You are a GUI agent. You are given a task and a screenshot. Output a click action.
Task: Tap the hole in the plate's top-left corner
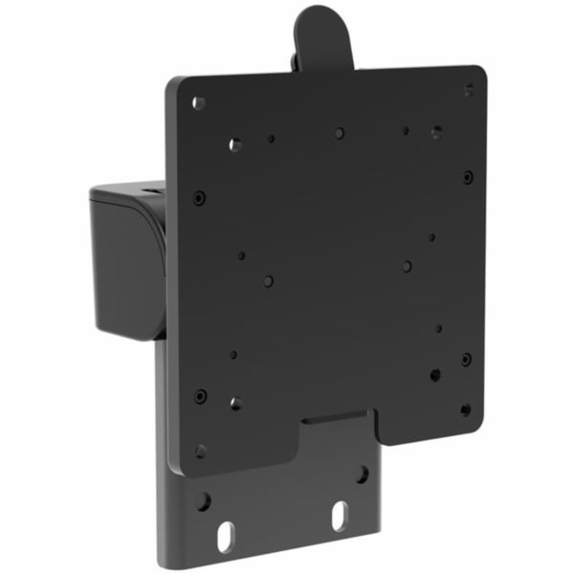point(199,102)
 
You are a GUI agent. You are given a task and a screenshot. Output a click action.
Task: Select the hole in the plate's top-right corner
point(469,89)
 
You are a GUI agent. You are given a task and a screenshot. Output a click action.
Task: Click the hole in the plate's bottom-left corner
point(200,450)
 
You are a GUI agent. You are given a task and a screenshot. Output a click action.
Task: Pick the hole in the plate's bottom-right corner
point(465,409)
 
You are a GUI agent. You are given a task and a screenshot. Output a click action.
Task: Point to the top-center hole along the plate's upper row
point(340,133)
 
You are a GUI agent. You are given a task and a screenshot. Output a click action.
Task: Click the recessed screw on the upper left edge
point(198,197)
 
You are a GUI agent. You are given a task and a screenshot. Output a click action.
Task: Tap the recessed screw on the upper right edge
point(467,177)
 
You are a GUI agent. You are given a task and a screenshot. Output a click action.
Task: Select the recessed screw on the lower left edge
point(200,395)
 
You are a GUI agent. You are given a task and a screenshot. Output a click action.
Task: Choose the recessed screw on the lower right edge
point(466,359)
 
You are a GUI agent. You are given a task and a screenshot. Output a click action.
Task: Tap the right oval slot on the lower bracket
point(339,517)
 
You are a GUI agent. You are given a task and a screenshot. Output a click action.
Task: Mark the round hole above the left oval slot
point(203,500)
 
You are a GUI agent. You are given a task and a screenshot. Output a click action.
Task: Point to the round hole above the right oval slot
point(362,474)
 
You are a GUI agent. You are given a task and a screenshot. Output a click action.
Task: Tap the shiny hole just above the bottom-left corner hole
point(235,403)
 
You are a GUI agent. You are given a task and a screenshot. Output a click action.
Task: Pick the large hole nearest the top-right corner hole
point(436,132)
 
